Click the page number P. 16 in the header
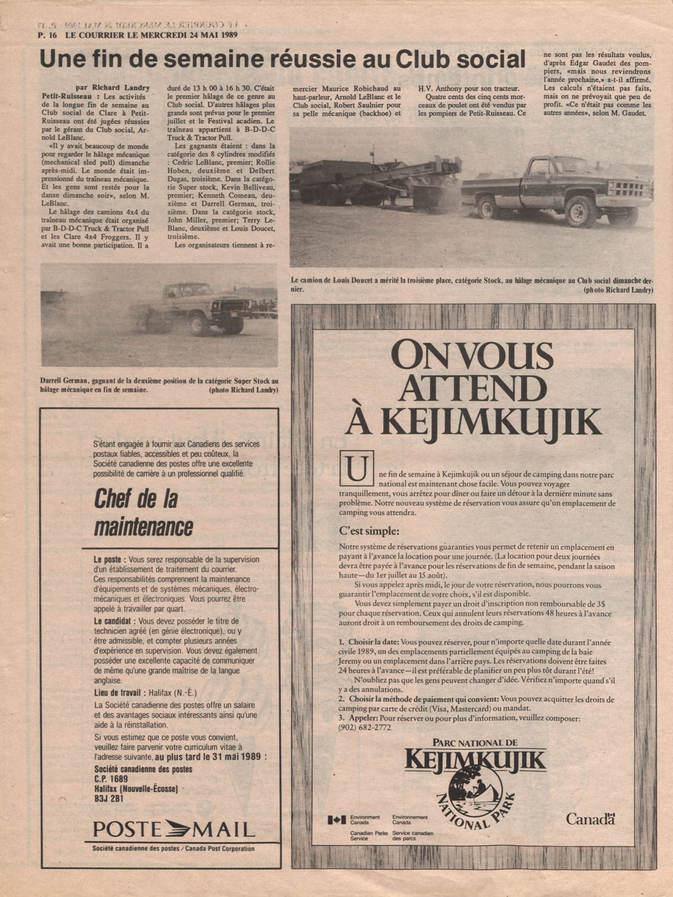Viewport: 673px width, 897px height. tap(48, 35)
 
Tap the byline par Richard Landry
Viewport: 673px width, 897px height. tap(112, 88)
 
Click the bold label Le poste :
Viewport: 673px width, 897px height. tap(110, 560)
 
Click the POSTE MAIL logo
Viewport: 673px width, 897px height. tap(174, 829)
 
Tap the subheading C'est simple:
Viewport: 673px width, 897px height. tap(369, 531)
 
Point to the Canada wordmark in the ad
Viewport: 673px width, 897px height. tap(590, 819)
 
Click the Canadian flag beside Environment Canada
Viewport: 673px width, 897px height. tap(337, 820)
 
